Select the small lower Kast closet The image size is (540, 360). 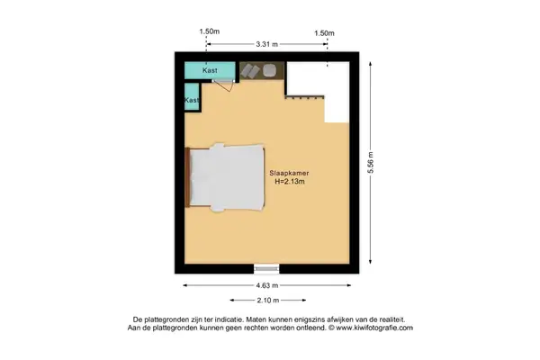tap(192, 101)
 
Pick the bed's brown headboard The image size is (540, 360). tap(187, 176)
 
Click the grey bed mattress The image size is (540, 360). tap(229, 176)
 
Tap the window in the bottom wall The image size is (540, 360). tap(266, 267)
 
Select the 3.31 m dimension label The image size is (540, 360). tap(266, 43)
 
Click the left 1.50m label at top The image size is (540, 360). tap(209, 32)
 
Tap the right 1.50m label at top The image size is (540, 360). tap(324, 32)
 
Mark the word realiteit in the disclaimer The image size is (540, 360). tap(387, 319)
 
